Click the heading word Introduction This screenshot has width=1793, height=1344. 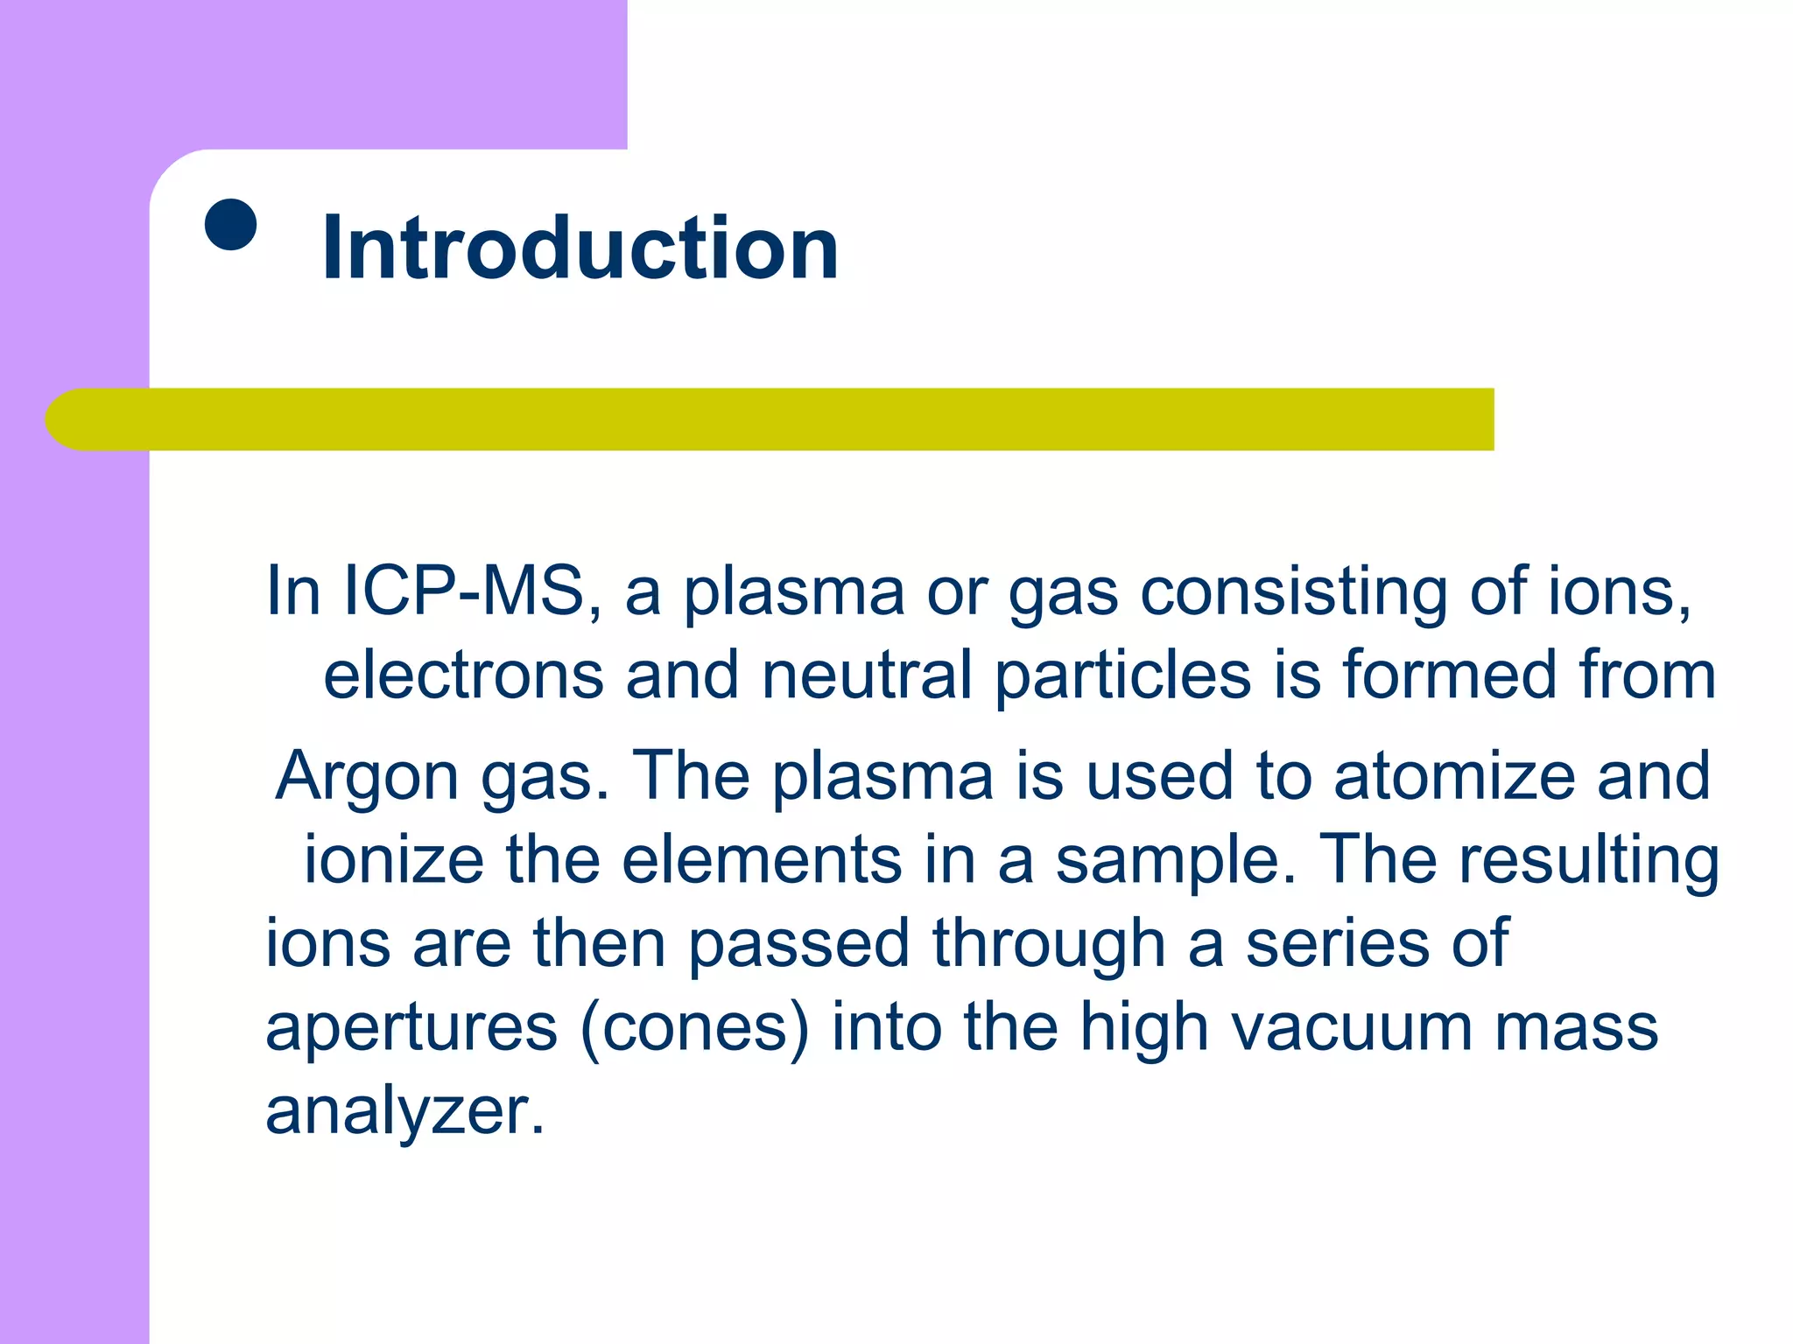580,248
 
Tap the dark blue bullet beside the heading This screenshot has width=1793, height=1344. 230,225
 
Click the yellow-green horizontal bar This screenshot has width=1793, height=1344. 770,419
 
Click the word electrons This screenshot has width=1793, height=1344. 463,675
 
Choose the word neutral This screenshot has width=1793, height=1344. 867,675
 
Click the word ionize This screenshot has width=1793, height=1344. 393,859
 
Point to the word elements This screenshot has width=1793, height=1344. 762,859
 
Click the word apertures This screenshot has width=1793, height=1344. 411,1029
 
